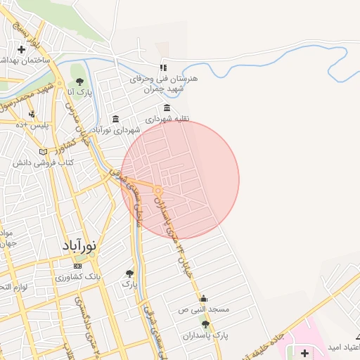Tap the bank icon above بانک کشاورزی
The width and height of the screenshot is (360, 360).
[x=77, y=266]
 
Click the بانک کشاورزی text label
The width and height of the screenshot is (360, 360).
[x=79, y=277]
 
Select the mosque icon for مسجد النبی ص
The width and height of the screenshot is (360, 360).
[x=204, y=298]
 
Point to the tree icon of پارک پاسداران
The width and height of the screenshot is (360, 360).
[x=205, y=324]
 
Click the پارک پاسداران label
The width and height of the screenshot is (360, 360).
[x=212, y=335]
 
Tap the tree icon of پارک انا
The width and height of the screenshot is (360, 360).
[x=79, y=82]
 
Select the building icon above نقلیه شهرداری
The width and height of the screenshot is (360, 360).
[x=167, y=108]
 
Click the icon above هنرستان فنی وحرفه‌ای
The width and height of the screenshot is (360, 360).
[x=163, y=67]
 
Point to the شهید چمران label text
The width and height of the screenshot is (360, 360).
[x=164, y=89]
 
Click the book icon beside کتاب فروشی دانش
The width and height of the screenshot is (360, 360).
[x=44, y=151]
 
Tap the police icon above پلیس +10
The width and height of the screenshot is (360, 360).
[x=32, y=113]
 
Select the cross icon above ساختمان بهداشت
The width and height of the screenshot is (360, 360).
[x=22, y=49]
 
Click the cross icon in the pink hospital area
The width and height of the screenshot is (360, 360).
[x=304, y=351]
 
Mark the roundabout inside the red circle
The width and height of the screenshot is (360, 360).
[x=159, y=191]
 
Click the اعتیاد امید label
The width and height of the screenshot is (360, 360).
[x=342, y=348]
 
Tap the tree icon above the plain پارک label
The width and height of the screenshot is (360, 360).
[x=129, y=273]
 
